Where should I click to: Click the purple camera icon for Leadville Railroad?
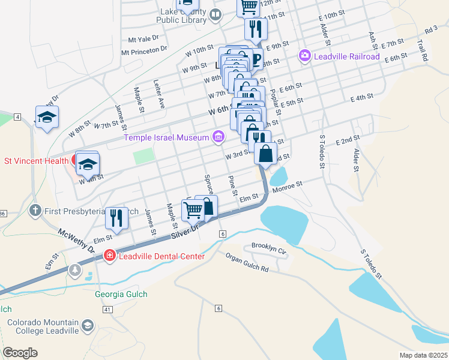coord(305,56)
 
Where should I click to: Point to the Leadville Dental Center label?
coord(161,256)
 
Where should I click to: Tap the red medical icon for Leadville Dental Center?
coord(109,256)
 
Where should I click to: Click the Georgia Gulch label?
coord(121,294)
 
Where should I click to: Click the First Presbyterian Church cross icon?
coord(35,211)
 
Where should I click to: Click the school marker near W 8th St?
coord(47,118)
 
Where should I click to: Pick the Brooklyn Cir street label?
coord(269,246)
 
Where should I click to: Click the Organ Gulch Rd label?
coord(247,262)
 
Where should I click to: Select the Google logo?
coord(20,353)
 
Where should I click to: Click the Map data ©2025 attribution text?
coord(424,355)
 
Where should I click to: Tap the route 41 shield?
coord(107,309)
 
